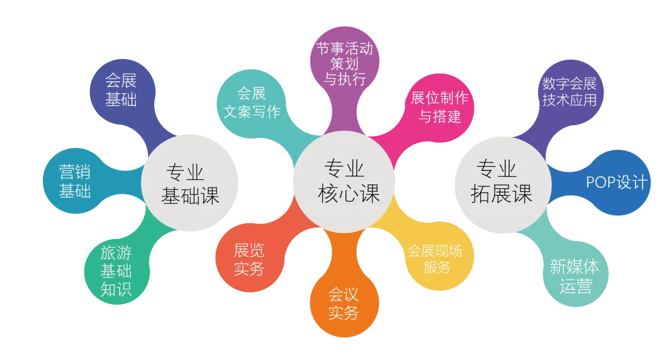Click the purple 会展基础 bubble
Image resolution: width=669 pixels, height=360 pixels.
click(x=121, y=90)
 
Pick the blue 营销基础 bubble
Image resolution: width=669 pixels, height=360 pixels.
click(x=75, y=181)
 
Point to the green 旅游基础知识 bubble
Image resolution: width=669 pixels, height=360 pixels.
click(x=116, y=271)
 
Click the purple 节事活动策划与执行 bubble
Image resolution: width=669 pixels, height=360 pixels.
click(x=345, y=64)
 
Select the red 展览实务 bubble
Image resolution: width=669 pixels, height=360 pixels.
click(x=249, y=259)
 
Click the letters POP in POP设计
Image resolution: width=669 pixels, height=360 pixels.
click(x=601, y=183)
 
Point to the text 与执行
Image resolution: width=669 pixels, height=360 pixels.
click(x=344, y=79)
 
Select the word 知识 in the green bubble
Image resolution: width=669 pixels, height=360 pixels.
click(x=116, y=289)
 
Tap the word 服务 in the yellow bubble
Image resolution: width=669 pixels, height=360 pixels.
click(x=437, y=267)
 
